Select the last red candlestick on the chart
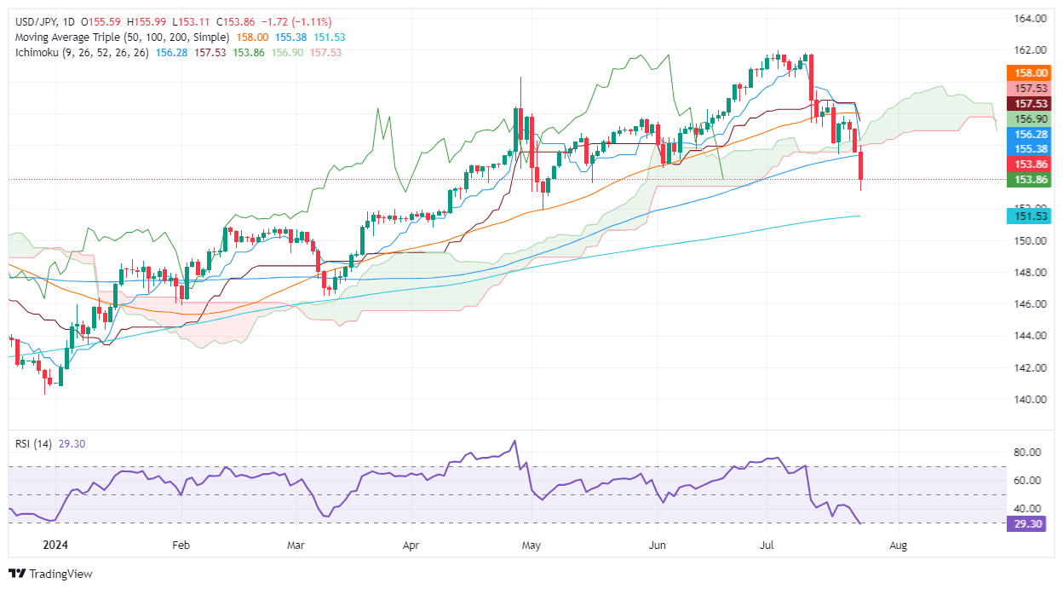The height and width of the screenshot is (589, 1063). pyautogui.click(x=861, y=166)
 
